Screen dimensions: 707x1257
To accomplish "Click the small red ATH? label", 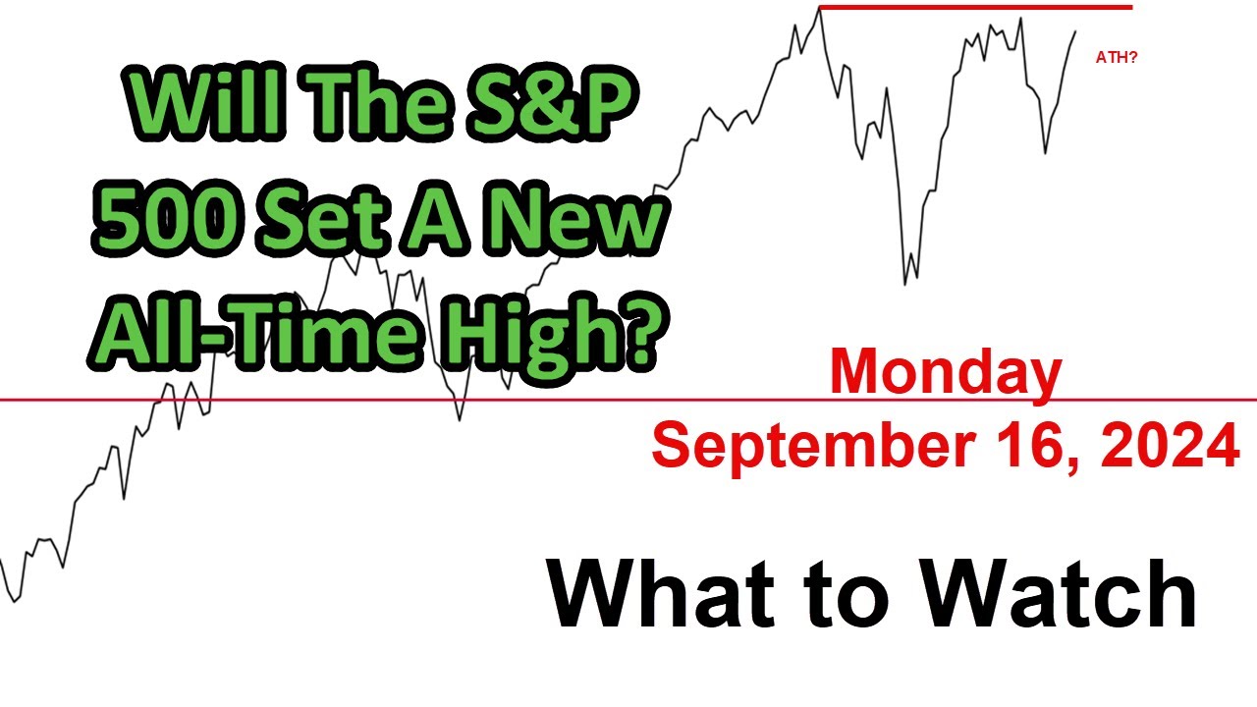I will coord(1117,58).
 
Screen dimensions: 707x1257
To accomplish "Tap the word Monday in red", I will coord(945,374).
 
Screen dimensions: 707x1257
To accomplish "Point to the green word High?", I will coord(555,334).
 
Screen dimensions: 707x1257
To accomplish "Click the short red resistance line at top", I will coord(974,8).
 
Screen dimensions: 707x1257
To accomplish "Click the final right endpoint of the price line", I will coord(1076,31).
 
